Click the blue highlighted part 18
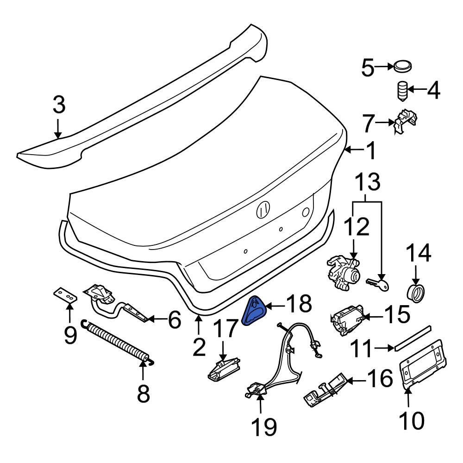point(253,312)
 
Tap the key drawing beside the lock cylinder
point(378,284)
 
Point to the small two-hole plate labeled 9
point(64,295)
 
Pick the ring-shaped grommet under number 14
point(415,294)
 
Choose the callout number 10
point(411,420)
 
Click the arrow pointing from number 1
point(354,149)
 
